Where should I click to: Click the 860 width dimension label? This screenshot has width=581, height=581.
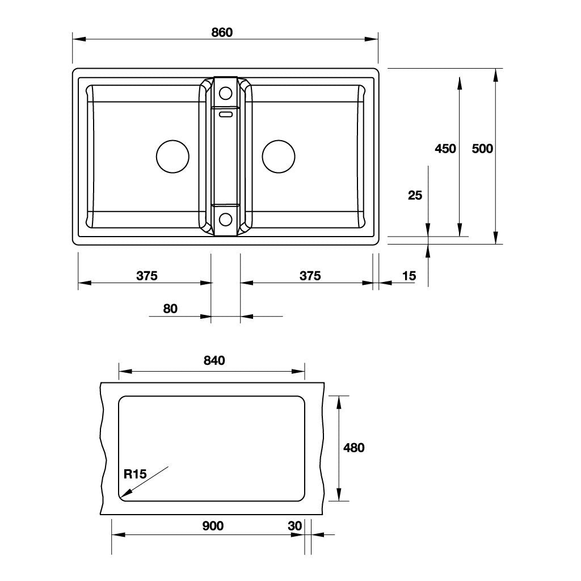coord(222,32)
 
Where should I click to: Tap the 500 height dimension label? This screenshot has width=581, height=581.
coord(482,149)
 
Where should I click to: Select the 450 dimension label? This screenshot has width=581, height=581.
coord(445,149)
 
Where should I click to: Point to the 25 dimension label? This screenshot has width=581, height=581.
coord(415,195)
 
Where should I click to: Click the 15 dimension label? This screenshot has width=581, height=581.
coord(409,276)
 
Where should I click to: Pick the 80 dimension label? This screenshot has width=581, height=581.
coord(170,309)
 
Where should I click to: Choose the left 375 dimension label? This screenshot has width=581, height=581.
coord(147,276)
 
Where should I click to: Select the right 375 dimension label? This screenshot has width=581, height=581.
coord(310,276)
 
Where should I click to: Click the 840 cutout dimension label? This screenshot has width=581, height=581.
coord(214,360)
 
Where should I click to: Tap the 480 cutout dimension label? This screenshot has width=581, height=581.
coord(354,448)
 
